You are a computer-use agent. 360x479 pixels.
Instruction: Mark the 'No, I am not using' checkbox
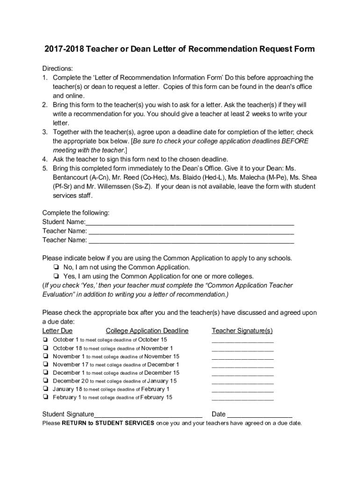pyautogui.click(x=56, y=267)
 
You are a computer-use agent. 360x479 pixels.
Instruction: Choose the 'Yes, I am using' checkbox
pyautogui.click(x=56, y=276)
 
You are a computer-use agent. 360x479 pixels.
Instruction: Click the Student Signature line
pyautogui.click(x=148, y=414)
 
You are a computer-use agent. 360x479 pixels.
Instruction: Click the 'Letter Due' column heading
pyautogui.click(x=58, y=331)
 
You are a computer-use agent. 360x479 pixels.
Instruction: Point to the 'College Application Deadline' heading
pyautogui.click(x=147, y=331)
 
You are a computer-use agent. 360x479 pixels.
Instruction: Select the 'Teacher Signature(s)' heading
pyautogui.click(x=242, y=331)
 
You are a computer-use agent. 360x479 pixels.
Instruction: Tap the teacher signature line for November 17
pyautogui.click(x=242, y=366)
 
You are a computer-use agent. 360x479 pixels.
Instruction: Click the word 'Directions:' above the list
pyautogui.click(x=58, y=68)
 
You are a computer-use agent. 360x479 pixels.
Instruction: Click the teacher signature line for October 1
pyautogui.click(x=242, y=341)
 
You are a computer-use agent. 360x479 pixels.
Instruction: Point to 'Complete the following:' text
pyautogui.click(x=76, y=213)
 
